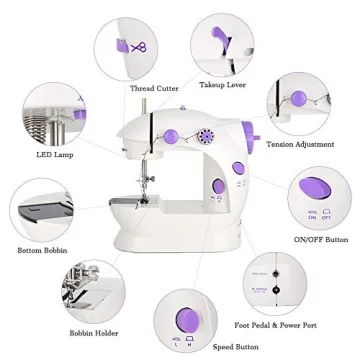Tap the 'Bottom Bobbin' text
coord(42,249)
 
